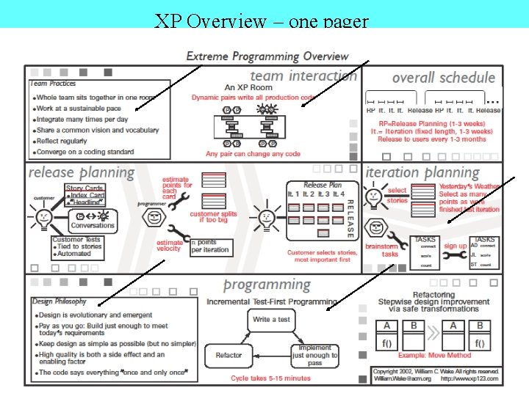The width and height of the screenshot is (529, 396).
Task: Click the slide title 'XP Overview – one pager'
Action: pos(262,20)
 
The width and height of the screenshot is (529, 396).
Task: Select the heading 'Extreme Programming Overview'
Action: pos(267,56)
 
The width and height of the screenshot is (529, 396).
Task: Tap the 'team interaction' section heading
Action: pos(303,76)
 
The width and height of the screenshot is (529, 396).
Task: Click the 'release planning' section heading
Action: pos(81,173)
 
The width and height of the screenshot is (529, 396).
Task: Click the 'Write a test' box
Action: pos(271,319)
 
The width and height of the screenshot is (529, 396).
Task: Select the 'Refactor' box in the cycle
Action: pos(228,355)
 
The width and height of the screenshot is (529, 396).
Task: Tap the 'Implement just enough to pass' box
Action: pos(314,355)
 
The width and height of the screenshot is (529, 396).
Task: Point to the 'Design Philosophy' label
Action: pos(60,301)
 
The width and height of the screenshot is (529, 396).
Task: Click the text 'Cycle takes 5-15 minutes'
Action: pos(270,378)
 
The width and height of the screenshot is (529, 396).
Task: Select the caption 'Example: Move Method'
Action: pos(434,356)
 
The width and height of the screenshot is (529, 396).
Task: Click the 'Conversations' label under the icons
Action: pos(93,226)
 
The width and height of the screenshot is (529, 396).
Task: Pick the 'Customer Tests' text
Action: pos(76,240)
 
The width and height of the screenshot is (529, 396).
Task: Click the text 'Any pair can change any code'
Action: pos(253,154)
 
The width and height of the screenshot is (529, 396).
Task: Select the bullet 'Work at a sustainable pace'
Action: pos(82,109)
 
